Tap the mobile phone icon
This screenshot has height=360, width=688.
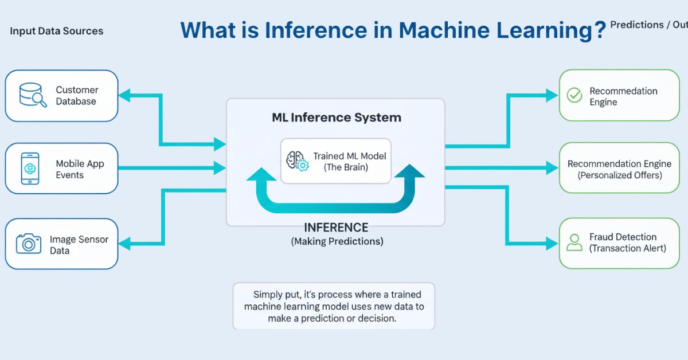point(30,169)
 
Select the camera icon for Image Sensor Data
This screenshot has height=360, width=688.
point(29,244)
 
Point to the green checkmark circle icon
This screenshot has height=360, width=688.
point(574,96)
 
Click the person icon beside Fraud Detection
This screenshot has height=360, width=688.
point(574,242)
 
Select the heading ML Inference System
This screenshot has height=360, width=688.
point(336,118)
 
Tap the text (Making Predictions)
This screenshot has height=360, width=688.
point(337,241)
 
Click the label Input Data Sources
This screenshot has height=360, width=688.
point(57,31)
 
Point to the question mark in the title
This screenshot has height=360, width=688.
point(600,30)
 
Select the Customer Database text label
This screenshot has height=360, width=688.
point(77,96)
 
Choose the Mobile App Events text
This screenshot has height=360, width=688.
point(80,169)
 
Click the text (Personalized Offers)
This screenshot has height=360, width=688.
point(619,175)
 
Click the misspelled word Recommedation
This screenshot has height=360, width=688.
point(623,91)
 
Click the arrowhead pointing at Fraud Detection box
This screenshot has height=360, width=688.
point(552,243)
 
